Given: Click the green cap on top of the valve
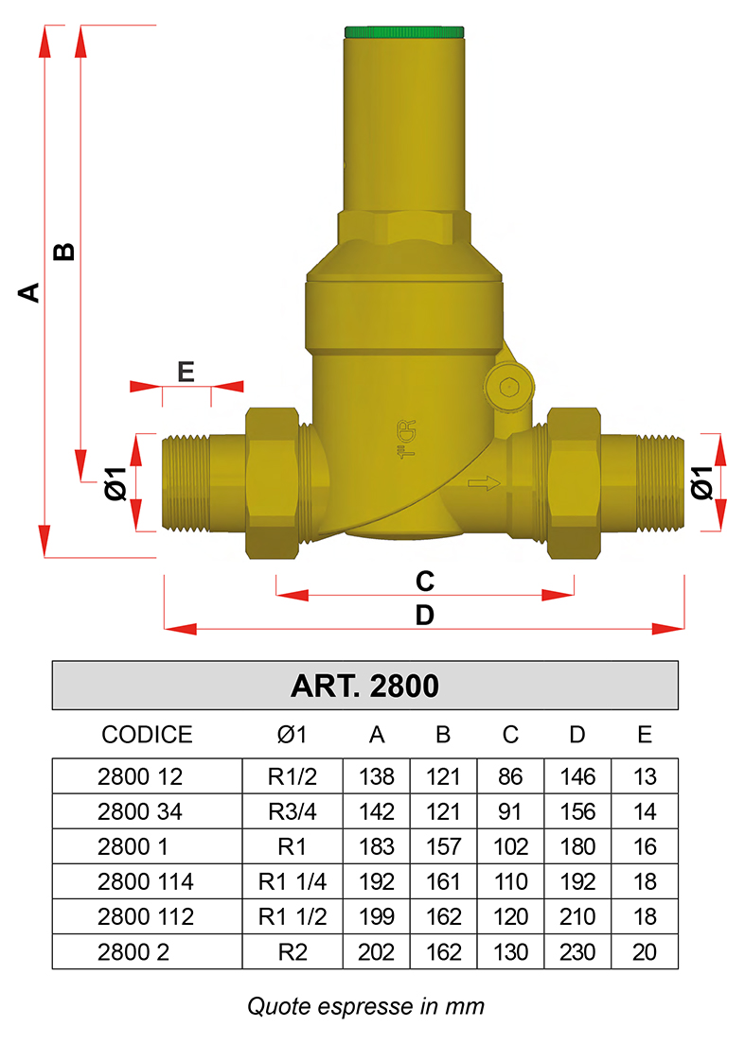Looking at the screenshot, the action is pyautogui.click(x=404, y=32).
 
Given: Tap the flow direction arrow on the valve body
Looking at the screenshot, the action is pyautogui.click(x=485, y=482).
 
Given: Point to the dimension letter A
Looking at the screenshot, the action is pyautogui.click(x=28, y=292).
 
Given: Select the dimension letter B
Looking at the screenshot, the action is pyautogui.click(x=64, y=252).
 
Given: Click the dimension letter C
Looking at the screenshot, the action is pyautogui.click(x=424, y=582).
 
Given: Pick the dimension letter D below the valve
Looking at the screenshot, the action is pyautogui.click(x=424, y=615).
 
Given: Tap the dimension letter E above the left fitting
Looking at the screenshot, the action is pyautogui.click(x=186, y=372).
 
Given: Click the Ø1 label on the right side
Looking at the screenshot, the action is pyautogui.click(x=701, y=482).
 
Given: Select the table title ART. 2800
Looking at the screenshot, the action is pyautogui.click(x=364, y=686).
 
